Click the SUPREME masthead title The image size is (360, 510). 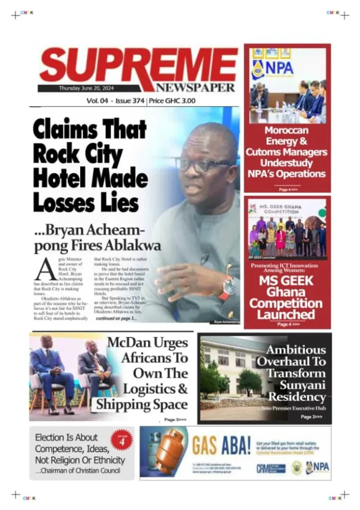[138, 67]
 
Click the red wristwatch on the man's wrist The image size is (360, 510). [229, 287]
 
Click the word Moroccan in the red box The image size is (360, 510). [287, 130]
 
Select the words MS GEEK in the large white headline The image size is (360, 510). [286, 281]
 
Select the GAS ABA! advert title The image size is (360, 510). [221, 444]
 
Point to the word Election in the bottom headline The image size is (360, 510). [55, 437]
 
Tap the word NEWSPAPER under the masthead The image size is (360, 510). [195, 88]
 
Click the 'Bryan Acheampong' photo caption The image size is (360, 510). [227, 322]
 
